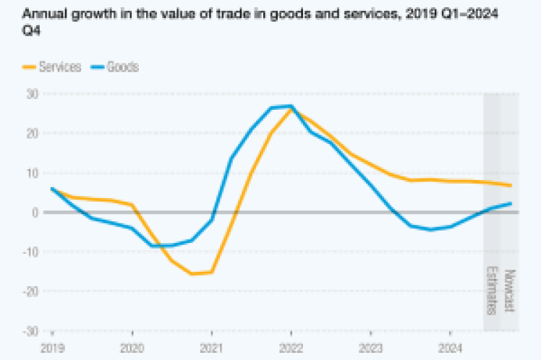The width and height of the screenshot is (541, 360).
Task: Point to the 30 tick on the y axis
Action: (31, 93)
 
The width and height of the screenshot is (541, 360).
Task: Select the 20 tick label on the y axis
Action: (31, 133)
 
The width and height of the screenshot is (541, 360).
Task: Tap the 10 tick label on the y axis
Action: (31, 173)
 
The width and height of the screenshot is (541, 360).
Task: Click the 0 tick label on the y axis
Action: (34, 213)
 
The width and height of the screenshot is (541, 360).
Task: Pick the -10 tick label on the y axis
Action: (30, 252)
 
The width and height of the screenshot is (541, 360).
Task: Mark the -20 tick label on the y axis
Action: (30, 291)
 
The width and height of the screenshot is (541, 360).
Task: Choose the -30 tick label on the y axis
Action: (30, 331)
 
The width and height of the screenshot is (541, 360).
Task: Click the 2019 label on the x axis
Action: (52, 348)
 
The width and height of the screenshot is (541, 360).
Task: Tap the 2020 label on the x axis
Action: (132, 348)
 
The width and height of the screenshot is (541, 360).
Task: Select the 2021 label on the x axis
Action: (211, 348)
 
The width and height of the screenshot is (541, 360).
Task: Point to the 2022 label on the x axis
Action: (291, 348)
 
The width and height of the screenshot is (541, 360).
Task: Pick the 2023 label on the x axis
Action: (370, 348)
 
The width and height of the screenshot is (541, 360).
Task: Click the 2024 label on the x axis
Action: (450, 348)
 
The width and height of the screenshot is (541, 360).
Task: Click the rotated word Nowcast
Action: (509, 291)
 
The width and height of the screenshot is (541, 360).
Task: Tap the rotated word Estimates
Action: (492, 291)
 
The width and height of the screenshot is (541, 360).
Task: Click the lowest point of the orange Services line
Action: (192, 274)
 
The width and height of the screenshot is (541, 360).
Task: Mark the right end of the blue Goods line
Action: (511, 203)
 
